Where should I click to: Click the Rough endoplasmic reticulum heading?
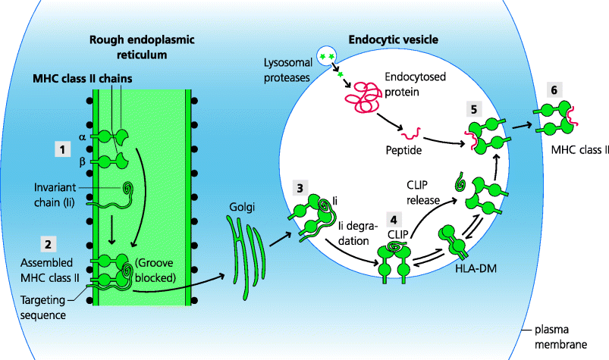point(143,47)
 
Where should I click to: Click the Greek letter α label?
point(82,137)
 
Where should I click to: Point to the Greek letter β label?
point(82,161)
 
